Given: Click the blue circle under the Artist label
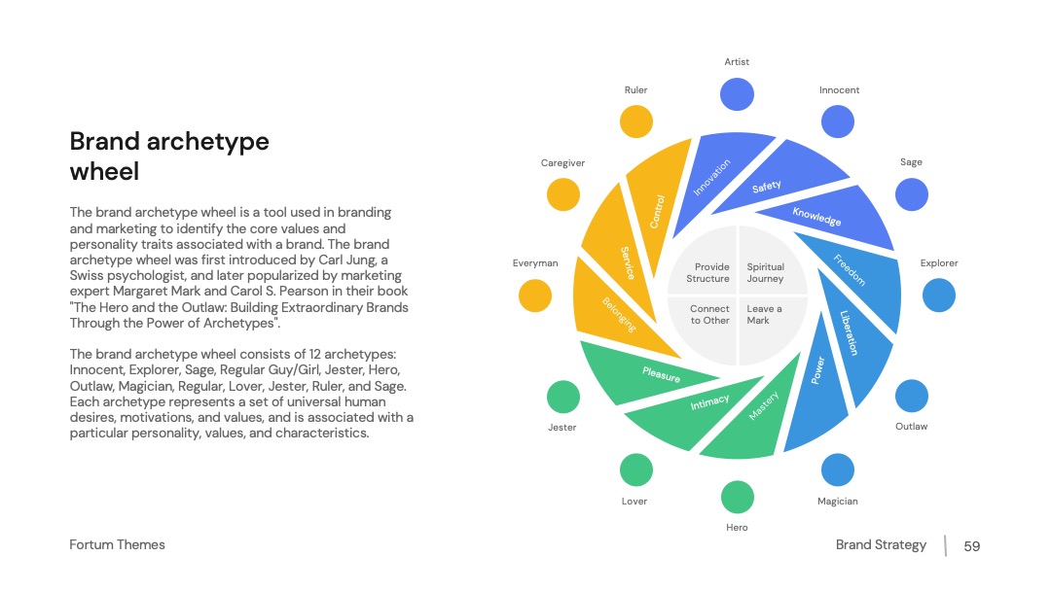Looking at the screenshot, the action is (737, 94).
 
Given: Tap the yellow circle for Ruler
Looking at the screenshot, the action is (636, 122).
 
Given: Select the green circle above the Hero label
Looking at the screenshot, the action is (738, 498).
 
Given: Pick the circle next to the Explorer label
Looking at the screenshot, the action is (938, 295).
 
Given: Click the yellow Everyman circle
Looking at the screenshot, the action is (535, 295).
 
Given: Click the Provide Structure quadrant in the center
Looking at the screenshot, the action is (704, 262).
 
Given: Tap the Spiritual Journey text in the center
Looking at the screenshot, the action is (766, 272).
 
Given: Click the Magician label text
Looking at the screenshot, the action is (837, 502).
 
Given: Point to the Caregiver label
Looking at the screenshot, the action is (563, 162).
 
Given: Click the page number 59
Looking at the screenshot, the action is (972, 546).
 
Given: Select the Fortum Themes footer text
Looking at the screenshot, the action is (118, 544).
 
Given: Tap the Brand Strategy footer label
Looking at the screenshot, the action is (881, 545).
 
